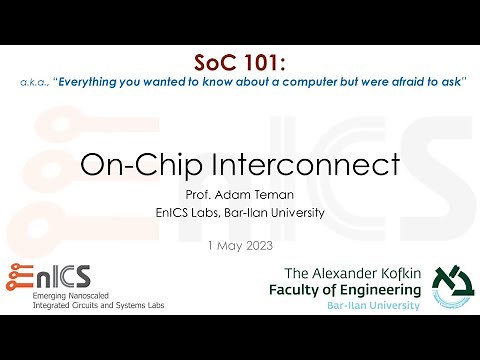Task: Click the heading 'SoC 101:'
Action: (x=240, y=63)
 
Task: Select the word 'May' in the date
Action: (x=229, y=245)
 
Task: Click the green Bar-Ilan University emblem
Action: (x=451, y=287)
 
